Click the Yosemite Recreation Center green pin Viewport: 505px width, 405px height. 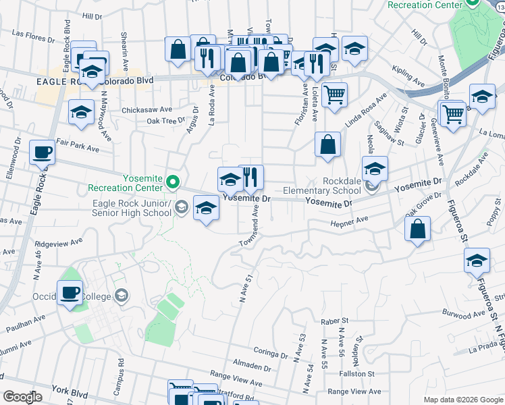click(x=173, y=181)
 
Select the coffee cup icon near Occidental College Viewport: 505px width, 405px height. click(x=70, y=293)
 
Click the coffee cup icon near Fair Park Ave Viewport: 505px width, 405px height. click(x=43, y=153)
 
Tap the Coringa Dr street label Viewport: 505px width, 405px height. click(x=271, y=350)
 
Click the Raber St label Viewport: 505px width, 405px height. click(x=334, y=321)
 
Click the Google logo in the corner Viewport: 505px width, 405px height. click(x=22, y=398)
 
